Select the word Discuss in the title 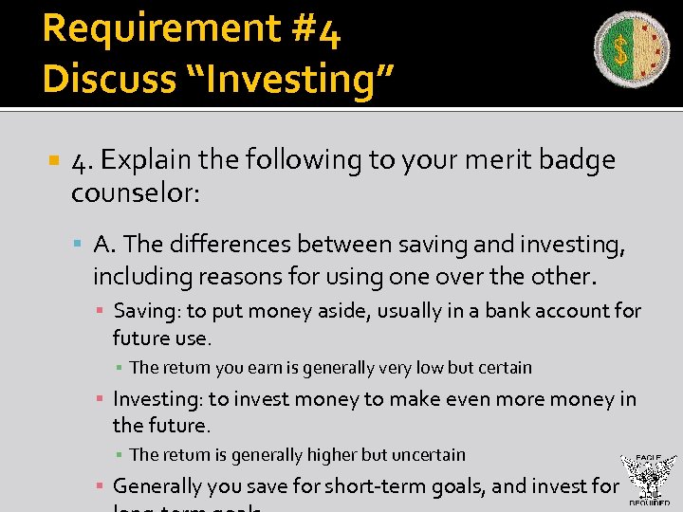click(x=106, y=80)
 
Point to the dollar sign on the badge click(x=620, y=49)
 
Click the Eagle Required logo click(x=648, y=481)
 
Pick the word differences click(x=231, y=245)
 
